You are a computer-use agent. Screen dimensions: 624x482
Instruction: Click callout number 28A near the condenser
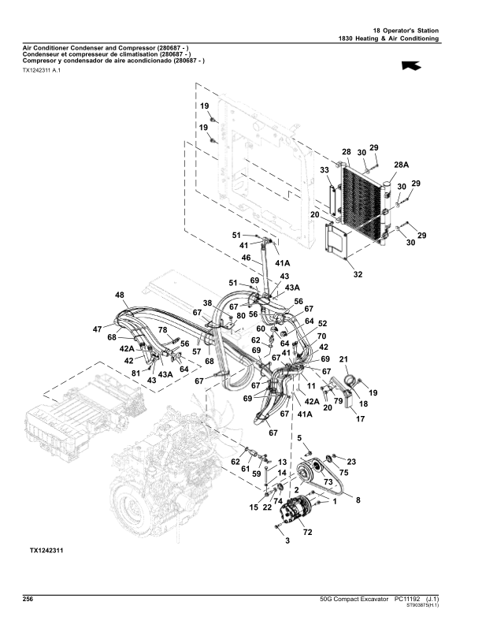[x=402, y=164]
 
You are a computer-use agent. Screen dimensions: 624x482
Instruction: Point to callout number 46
[x=246, y=258]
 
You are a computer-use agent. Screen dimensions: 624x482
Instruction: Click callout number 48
[x=120, y=295]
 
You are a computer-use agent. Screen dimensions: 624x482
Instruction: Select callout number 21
[x=343, y=359]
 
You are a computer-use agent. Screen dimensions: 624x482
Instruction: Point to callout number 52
[x=322, y=323]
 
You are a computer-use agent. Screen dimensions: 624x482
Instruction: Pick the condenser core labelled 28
[x=364, y=201]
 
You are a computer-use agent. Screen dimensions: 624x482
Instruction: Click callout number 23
[x=351, y=461]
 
